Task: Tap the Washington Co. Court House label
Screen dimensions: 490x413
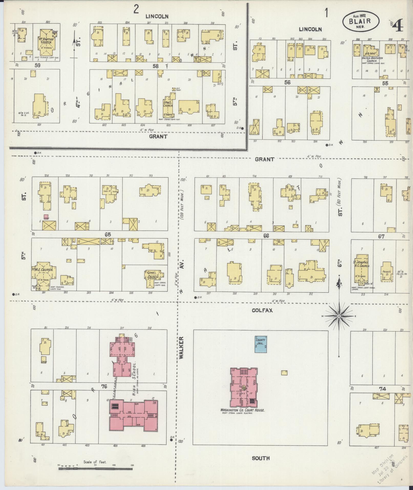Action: [242, 410]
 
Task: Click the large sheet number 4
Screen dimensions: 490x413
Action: [397, 26]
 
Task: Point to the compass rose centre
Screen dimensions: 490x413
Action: [339, 316]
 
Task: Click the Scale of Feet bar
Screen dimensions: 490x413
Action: [96, 469]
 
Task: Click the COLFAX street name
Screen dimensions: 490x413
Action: [262, 310]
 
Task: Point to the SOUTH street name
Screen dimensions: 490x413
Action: [261, 458]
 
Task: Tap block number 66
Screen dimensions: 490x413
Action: [266, 236]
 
